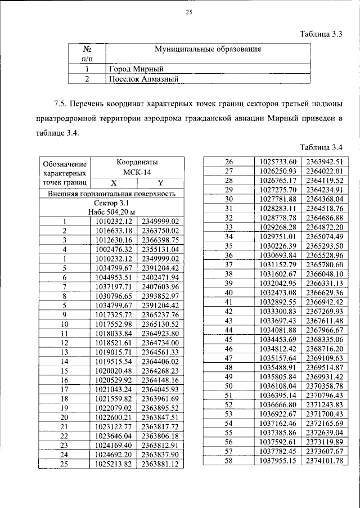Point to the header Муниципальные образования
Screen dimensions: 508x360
(x=208, y=50)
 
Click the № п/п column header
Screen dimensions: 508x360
(x=87, y=54)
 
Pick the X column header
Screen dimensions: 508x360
(x=113, y=183)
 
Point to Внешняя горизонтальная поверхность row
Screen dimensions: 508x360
(x=112, y=193)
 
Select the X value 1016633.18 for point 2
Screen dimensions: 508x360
(x=113, y=230)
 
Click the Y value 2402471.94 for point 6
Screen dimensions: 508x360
(x=160, y=277)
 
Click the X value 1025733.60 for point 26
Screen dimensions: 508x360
(x=278, y=162)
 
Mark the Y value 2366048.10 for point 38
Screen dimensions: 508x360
(x=324, y=274)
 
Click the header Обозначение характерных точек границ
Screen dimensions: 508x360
(x=65, y=172)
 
